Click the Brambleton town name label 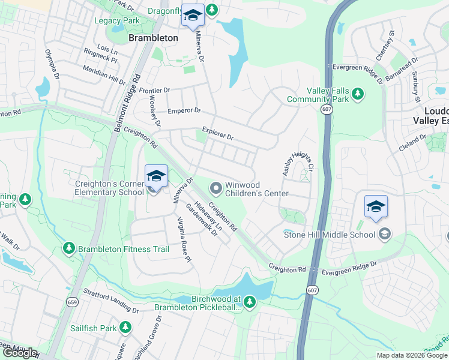coord(154,38)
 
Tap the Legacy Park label coord(116,20)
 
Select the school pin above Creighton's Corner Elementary coord(156,177)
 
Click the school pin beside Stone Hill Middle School coord(376,208)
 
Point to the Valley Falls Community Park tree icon coord(358,93)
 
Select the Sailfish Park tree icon coord(125,328)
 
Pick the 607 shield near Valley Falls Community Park coord(327,109)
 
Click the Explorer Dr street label coord(218,133)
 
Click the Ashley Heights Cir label coord(298,163)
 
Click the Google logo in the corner coord(19,353)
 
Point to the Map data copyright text coord(411,355)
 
